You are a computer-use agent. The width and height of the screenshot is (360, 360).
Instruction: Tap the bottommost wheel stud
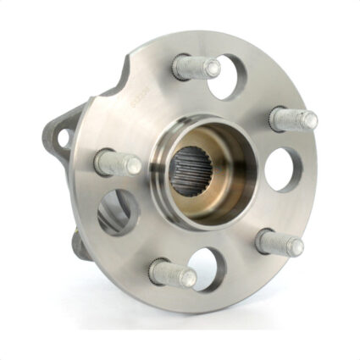point(172,273)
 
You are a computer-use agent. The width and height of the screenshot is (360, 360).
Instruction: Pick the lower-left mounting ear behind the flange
point(78,246)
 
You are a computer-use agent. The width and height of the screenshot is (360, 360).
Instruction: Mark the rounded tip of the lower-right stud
point(296,246)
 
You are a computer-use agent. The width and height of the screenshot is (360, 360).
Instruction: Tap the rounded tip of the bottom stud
point(190,278)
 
